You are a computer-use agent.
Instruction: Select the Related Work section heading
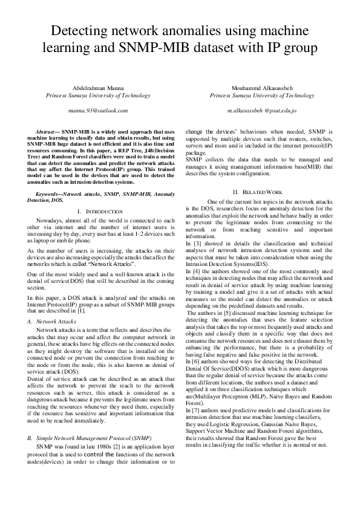pyautogui.click(x=261, y=192)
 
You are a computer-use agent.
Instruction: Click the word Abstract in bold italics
pyautogui.click(x=47, y=131)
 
